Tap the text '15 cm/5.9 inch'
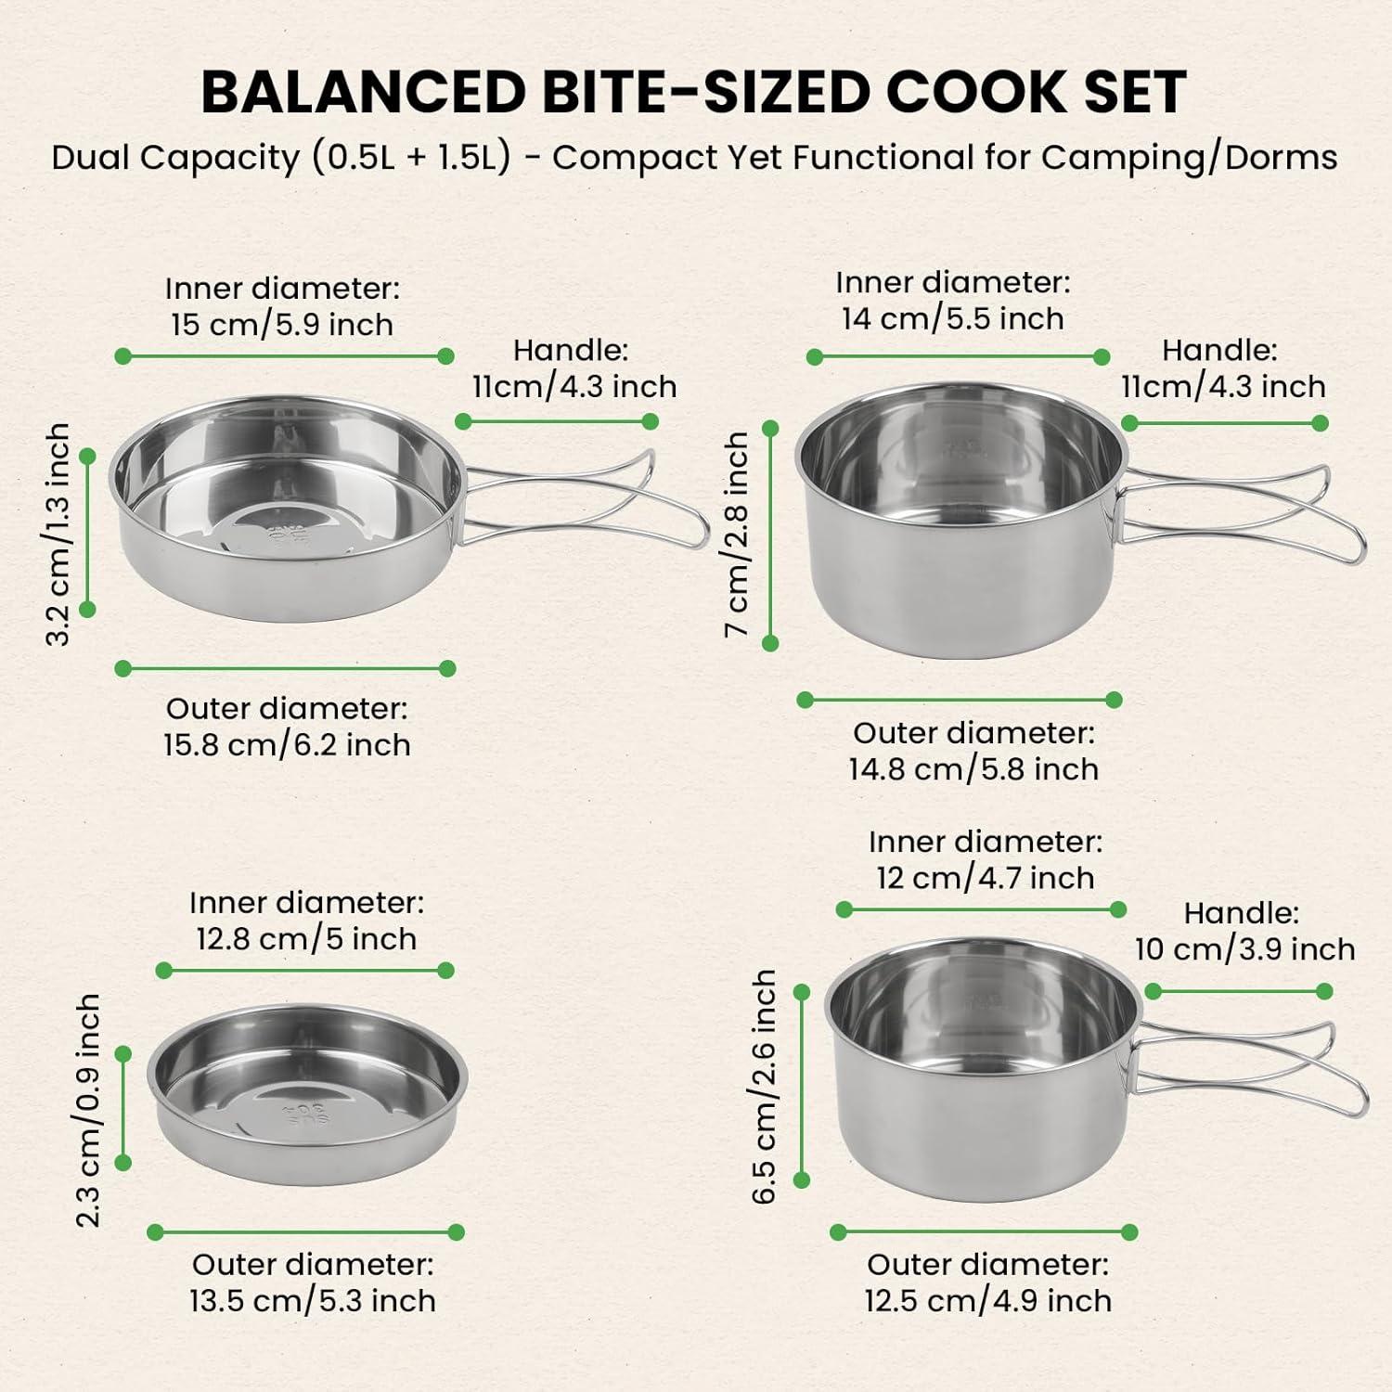coord(282,325)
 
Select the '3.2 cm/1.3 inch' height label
coord(58,534)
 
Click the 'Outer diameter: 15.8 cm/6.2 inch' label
coord(287,727)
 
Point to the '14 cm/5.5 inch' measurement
coord(952,319)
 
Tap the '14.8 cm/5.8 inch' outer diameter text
coord(973,769)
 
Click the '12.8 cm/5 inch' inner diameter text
coord(306,939)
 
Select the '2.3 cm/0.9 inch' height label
coord(88,1110)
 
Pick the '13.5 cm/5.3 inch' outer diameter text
coord(313,1301)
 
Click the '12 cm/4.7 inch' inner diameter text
coord(986,878)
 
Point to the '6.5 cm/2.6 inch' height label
coord(764,1087)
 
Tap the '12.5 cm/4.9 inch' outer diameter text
coord(987,1301)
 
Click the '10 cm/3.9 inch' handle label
coord(1244,949)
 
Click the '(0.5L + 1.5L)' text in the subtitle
coord(412,158)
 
